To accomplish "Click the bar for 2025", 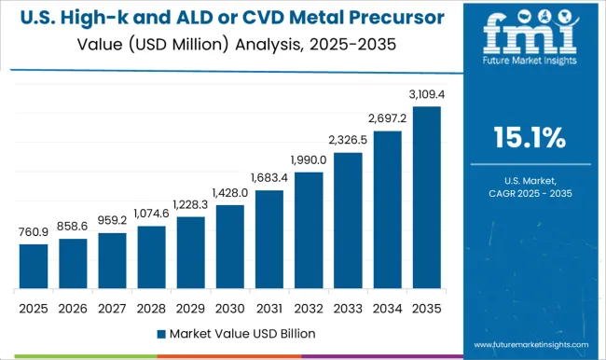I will tap(34, 266).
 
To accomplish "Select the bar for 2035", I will tap(426, 196).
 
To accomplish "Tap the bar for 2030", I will tap(229, 246).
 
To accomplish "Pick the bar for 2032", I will tap(309, 229).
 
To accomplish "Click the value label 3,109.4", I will tap(426, 95).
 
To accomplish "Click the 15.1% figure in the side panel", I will tap(529, 139).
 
